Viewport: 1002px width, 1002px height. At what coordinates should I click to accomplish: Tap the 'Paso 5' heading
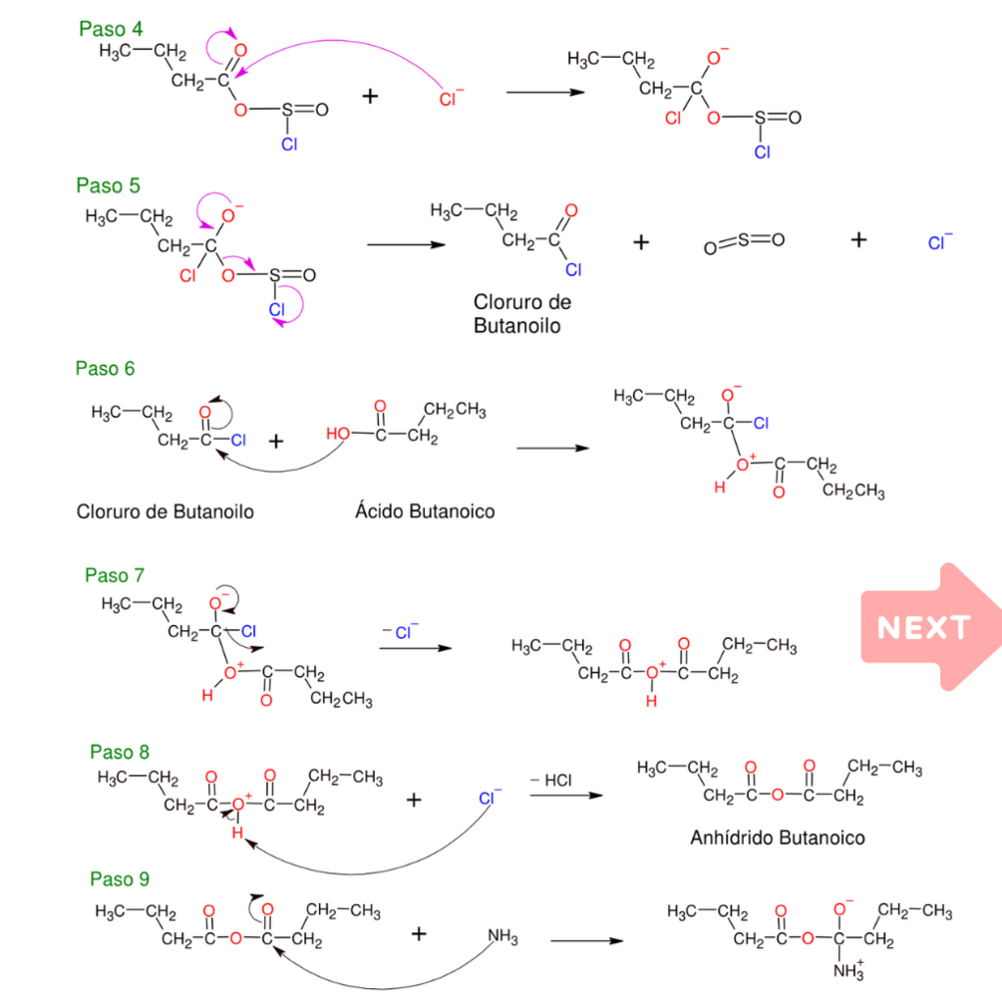point(108,185)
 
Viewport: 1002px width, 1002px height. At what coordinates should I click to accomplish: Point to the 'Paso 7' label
point(115,575)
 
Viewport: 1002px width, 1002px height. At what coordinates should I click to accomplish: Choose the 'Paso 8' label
point(120,752)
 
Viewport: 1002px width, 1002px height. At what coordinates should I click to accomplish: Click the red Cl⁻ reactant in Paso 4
point(451,98)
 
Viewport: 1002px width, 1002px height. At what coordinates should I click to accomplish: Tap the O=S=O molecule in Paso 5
point(744,241)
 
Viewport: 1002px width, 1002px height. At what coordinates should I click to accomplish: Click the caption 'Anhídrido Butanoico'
point(778,837)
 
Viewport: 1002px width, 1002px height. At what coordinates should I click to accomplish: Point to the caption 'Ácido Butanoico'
point(425,511)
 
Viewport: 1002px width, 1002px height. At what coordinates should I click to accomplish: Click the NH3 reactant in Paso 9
point(503,937)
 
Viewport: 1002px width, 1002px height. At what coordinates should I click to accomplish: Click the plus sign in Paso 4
point(371,96)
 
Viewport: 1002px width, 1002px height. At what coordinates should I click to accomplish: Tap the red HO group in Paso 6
point(338,435)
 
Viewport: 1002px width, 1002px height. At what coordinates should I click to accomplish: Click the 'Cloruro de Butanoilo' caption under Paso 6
point(166,511)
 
